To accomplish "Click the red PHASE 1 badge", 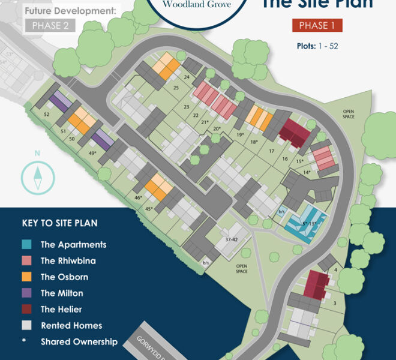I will [x=317, y=25].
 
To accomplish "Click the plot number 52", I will [x=47, y=114].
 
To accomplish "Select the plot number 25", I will [x=176, y=88].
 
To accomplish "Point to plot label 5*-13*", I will [x=309, y=223].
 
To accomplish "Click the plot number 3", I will [x=335, y=304].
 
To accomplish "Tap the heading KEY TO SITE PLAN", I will [x=60, y=223].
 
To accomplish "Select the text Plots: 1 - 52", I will [x=317, y=46].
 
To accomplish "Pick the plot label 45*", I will [x=148, y=209].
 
